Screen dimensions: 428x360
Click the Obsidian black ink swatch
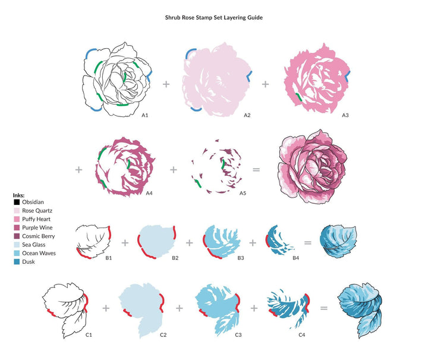17,202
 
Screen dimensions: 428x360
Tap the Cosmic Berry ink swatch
17,236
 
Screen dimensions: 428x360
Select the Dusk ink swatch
17,262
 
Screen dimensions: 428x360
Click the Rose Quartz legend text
37,210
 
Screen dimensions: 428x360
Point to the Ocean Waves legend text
39,253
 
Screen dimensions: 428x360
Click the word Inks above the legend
18,195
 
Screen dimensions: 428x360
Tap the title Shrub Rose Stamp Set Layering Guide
214,18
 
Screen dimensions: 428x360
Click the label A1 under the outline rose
145,115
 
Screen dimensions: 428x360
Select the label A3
345,115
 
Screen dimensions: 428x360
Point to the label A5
243,193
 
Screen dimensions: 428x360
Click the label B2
175,258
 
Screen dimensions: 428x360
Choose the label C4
301,334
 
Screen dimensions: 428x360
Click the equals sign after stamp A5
256,170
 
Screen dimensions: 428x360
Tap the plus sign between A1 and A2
166,84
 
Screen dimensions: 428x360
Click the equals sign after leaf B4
308,242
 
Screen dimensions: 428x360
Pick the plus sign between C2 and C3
179,308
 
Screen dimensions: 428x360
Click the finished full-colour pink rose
312,166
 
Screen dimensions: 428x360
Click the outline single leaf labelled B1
93,241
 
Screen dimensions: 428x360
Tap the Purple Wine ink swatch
17,228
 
